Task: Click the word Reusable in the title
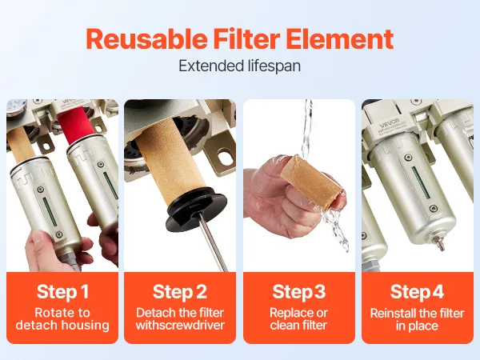(x=146, y=39)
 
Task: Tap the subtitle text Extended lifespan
(x=239, y=66)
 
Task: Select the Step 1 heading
(x=62, y=291)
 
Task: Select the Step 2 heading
(x=180, y=291)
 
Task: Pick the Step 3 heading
(x=298, y=291)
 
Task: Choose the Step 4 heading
(x=417, y=291)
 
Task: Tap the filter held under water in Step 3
(x=312, y=182)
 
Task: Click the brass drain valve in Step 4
(x=440, y=243)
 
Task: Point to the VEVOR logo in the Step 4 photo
(x=389, y=125)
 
